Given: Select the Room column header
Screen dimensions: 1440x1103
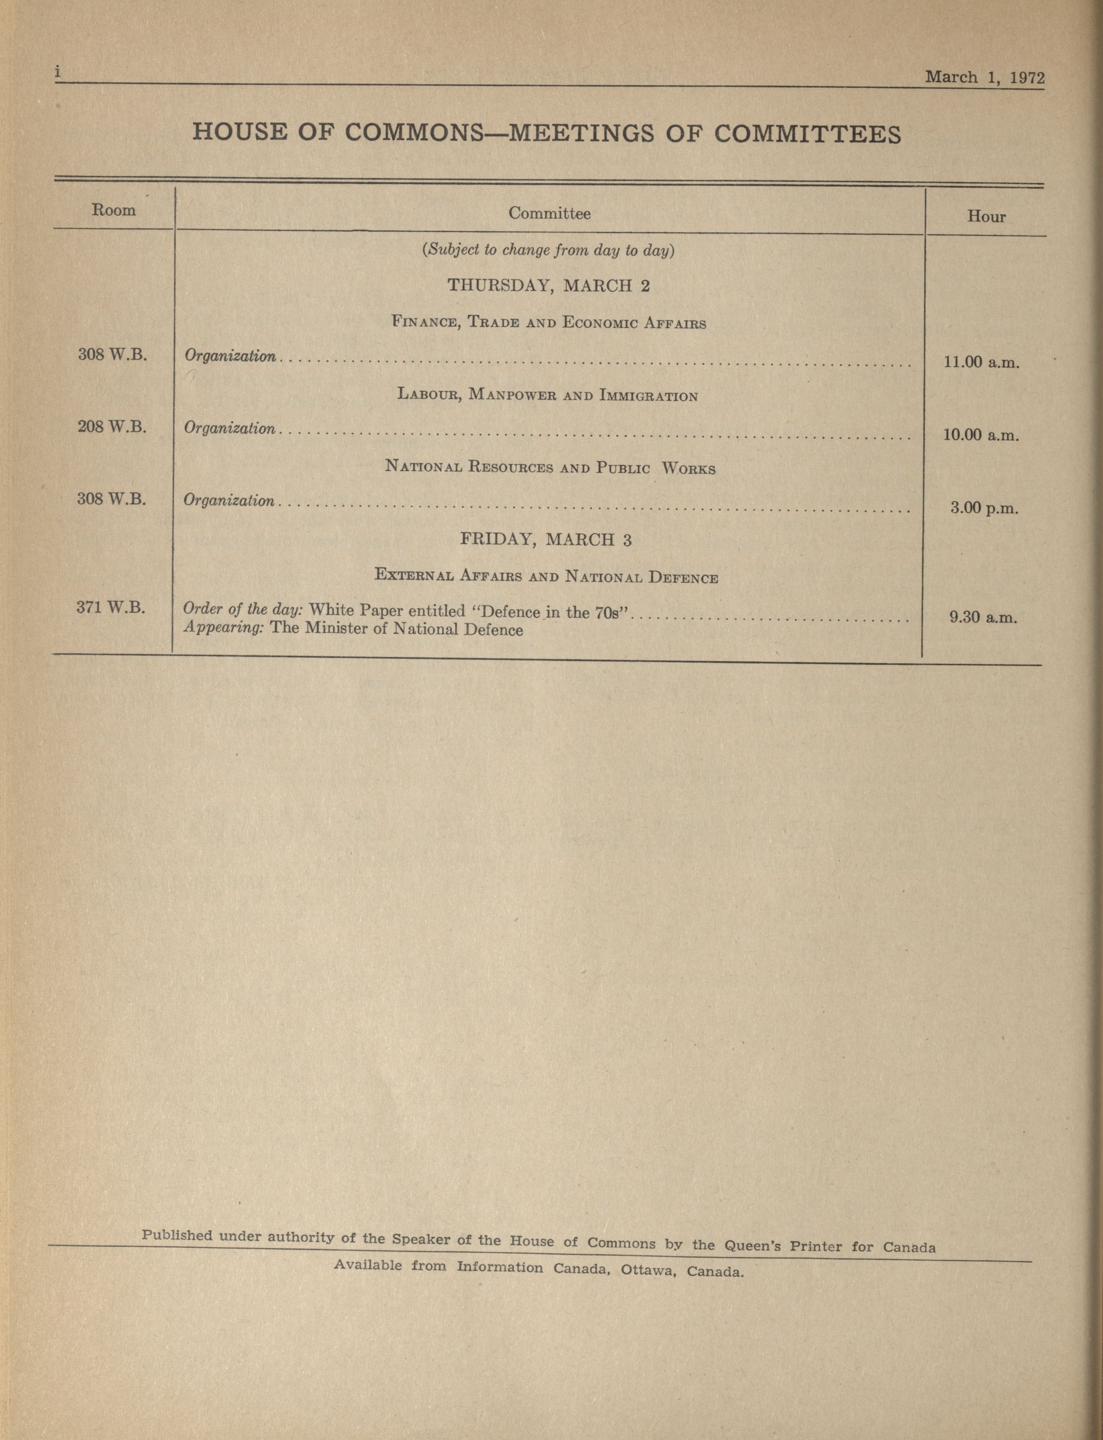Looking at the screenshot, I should pyautogui.click(x=113, y=210).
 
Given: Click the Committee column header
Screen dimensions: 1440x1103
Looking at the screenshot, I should pyautogui.click(x=549, y=214).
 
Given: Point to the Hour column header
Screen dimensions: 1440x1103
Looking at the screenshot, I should pyautogui.click(x=986, y=217).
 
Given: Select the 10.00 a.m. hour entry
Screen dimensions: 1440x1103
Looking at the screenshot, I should pyautogui.click(x=981, y=435).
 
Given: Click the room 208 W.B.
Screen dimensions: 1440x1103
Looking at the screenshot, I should pyautogui.click(x=112, y=427).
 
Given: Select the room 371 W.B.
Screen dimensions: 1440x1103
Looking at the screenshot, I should pyautogui.click(x=110, y=607).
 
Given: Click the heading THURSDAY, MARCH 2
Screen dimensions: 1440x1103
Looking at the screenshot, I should pyautogui.click(x=548, y=286).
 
